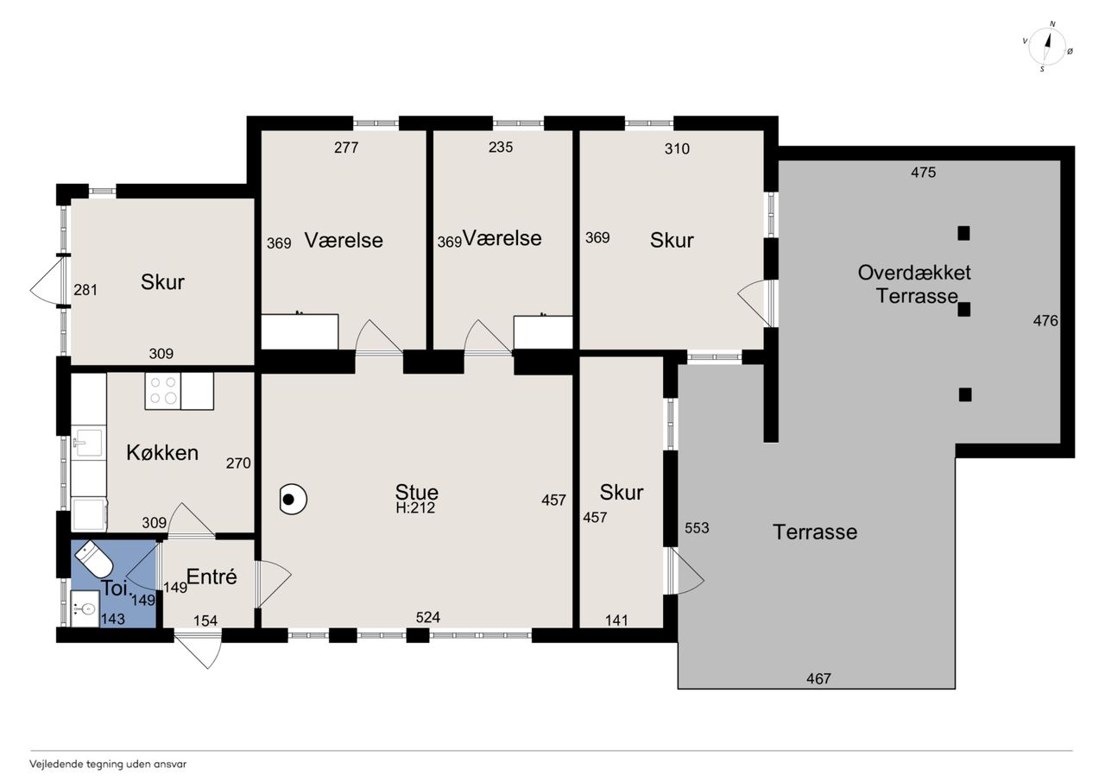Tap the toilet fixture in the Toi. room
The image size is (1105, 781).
click(x=95, y=558)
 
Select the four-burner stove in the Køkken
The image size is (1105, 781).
click(x=163, y=391)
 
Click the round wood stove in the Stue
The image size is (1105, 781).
click(x=293, y=500)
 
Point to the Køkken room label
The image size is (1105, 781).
click(x=162, y=452)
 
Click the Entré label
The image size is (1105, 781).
click(x=212, y=576)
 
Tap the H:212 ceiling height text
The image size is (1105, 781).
click(x=415, y=507)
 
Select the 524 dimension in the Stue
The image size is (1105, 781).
click(x=427, y=617)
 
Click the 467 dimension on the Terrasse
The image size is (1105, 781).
click(x=818, y=679)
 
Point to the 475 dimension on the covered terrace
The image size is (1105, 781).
click(x=923, y=172)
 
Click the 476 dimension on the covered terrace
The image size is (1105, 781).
click(x=1045, y=321)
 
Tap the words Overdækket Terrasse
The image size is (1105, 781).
click(x=914, y=284)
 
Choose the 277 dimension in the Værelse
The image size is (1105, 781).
click(x=346, y=148)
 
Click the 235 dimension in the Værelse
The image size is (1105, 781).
click(x=501, y=147)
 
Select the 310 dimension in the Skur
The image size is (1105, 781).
click(x=677, y=148)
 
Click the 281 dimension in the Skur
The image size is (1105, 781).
click(x=85, y=290)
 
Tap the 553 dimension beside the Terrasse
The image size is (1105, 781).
click(x=697, y=528)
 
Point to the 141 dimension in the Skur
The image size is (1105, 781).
click(x=616, y=620)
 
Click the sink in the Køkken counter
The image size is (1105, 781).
click(x=88, y=442)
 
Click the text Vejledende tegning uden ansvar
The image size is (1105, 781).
click(x=108, y=765)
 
